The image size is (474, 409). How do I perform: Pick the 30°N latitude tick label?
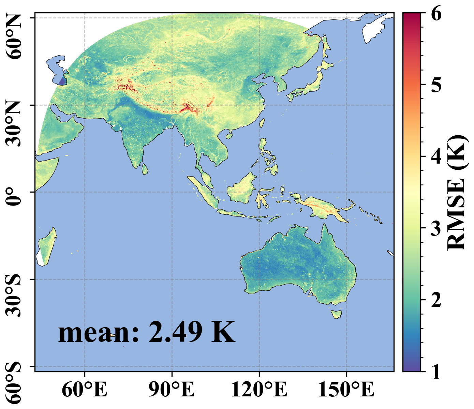tap(13, 124)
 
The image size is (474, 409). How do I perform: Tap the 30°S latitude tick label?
tap(13, 297)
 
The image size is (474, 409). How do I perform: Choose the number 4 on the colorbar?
tap(436, 156)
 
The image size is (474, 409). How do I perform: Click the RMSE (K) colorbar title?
tap(456, 193)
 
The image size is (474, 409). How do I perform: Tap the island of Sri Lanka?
tap(145, 169)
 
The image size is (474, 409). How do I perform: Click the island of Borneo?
tap(241, 188)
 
